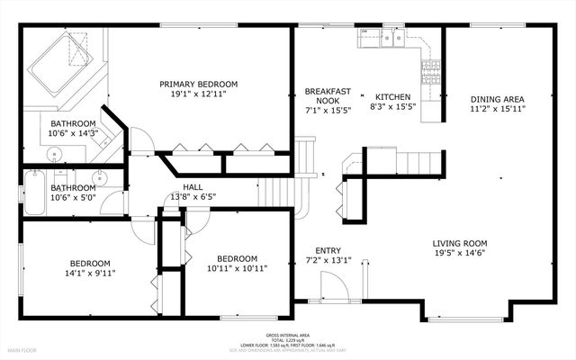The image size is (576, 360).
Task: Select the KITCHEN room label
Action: [x=392, y=97]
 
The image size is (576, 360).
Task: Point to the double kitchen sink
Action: [x=391, y=38]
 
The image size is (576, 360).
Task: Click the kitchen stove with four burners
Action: [x=432, y=69]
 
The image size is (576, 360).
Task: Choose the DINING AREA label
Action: [x=497, y=99]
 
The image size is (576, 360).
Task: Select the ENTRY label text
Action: [x=328, y=251]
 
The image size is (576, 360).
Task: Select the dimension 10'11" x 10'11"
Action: [x=232, y=267]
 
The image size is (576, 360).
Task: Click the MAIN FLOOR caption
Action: [x=27, y=350]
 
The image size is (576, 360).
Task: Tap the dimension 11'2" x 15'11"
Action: [x=497, y=109]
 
